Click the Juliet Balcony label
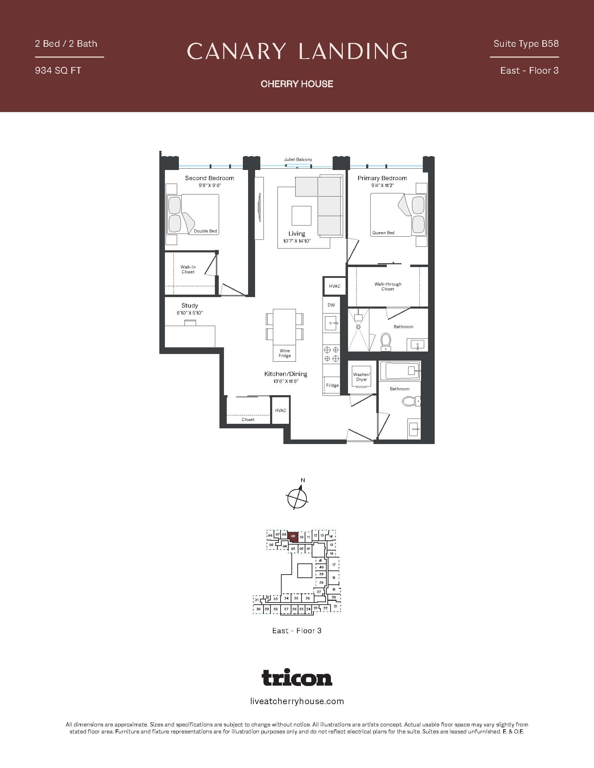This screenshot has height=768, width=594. point(298,159)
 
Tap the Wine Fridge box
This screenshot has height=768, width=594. point(285,353)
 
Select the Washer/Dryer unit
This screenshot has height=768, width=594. point(361,377)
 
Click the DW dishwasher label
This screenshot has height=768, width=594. point(331,305)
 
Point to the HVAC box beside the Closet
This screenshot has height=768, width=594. point(281,411)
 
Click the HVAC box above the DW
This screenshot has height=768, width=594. point(335,286)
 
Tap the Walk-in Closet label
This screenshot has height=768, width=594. point(188,269)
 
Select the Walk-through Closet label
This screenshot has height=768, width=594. point(388,286)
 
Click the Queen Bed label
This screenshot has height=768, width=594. point(383,233)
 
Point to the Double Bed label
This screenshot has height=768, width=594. point(205,231)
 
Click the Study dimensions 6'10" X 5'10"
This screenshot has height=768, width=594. point(190,313)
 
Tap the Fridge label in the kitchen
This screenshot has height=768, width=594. point(332,385)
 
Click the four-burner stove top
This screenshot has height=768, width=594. point(331,354)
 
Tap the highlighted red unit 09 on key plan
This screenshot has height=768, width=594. point(293,537)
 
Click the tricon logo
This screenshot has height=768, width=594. point(297,678)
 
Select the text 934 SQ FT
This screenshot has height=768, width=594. point(58,71)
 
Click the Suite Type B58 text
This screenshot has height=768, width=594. point(526,44)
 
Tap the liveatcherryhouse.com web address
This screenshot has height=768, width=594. point(297,701)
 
